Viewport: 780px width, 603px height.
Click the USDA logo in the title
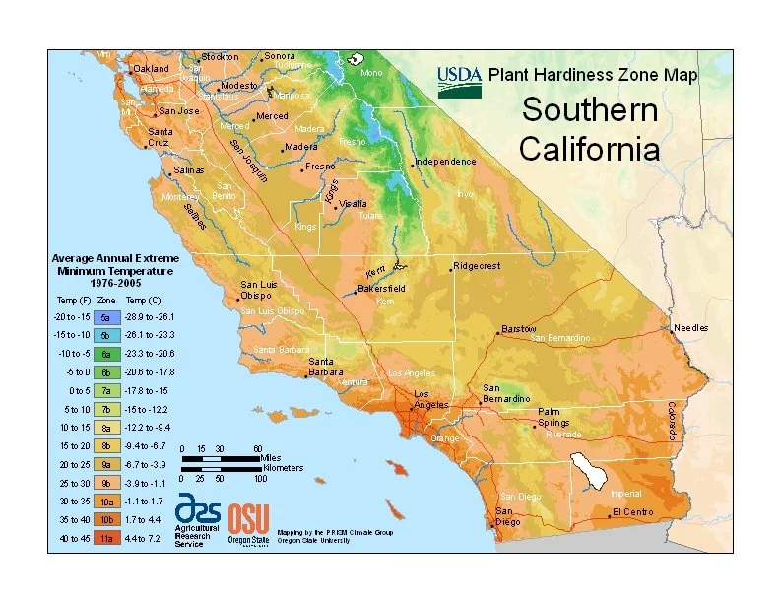click(460, 77)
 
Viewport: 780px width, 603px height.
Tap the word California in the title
click(589, 150)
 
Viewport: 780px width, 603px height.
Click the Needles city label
click(690, 327)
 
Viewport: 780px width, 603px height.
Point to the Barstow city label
click(518, 327)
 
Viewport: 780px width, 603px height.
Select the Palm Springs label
click(554, 417)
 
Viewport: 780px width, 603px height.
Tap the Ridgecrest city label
click(478, 266)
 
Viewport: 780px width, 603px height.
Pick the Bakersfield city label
click(382, 289)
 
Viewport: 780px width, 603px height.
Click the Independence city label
click(446, 161)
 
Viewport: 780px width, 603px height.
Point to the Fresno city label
click(321, 167)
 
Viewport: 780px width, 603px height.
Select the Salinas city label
click(188, 169)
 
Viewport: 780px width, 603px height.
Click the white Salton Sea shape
click(590, 470)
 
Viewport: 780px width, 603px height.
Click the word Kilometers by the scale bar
click(282, 467)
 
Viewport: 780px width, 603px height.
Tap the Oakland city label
click(152, 69)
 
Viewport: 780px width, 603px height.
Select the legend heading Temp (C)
click(144, 299)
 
